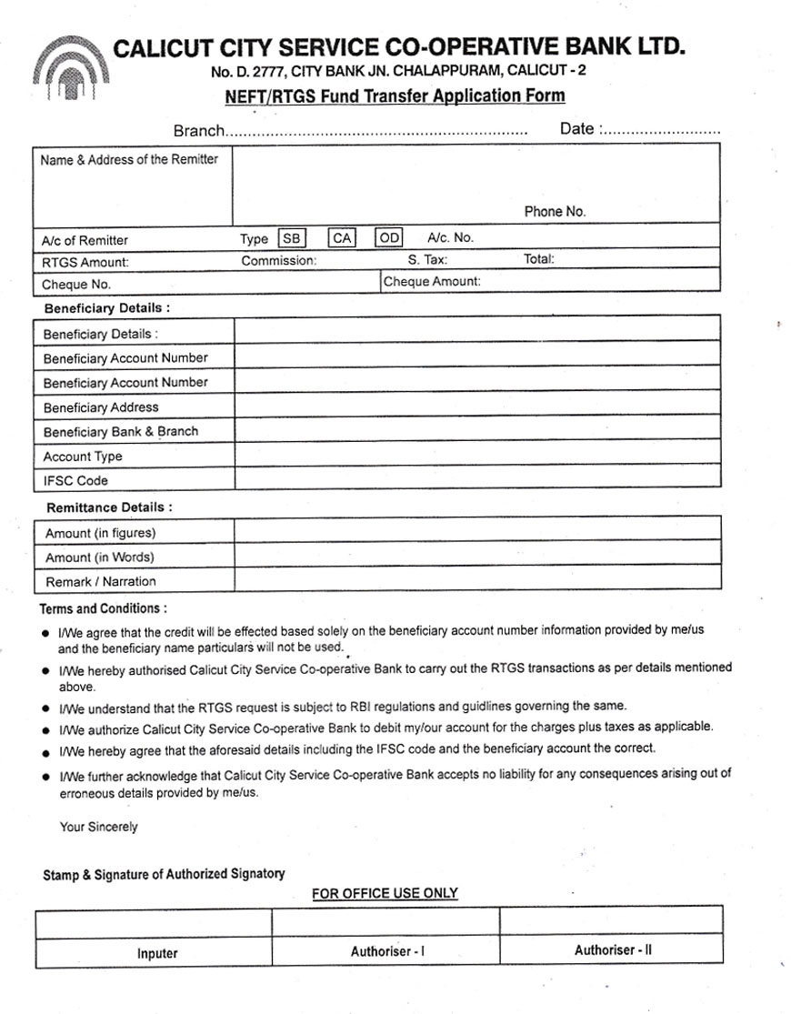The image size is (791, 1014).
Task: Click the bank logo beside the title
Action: (70, 67)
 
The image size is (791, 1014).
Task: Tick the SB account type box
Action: (291, 238)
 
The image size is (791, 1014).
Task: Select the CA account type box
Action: (341, 238)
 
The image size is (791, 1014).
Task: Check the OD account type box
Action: (389, 238)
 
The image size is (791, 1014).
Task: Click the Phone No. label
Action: (555, 212)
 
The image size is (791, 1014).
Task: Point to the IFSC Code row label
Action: (75, 481)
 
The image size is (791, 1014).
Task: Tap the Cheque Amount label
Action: (432, 282)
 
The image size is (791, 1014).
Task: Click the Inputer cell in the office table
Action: (157, 953)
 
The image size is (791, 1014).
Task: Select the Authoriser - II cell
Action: (613, 950)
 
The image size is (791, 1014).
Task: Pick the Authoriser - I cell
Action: (387, 951)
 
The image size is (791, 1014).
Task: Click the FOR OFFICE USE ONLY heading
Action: (385, 894)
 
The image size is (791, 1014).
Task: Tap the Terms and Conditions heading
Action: (103, 608)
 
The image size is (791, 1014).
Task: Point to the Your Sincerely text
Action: (98, 827)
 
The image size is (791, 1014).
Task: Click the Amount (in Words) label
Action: (100, 557)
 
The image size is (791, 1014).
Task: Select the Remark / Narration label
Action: (101, 582)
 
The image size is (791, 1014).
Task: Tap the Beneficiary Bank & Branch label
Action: (120, 432)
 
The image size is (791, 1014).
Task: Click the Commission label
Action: (279, 261)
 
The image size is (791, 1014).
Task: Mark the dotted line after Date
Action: (661, 131)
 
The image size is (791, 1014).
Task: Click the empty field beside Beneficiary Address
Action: (477, 407)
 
